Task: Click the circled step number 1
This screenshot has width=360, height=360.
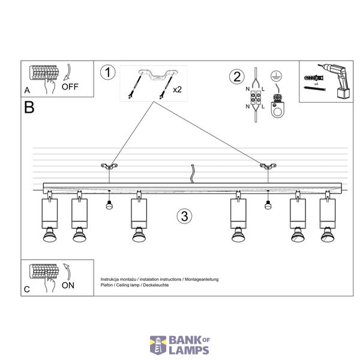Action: coord(107,73)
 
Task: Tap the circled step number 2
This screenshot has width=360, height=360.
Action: coord(237,76)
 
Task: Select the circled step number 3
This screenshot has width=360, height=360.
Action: coord(184,216)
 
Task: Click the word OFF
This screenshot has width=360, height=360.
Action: coord(70,87)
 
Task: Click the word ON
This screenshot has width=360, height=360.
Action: coord(68,286)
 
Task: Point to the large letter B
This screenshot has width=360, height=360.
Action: coord(29,107)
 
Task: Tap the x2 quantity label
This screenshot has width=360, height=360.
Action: coord(177,89)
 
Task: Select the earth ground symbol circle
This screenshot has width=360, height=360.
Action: coord(276,76)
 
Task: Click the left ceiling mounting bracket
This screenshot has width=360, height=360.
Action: coord(109,166)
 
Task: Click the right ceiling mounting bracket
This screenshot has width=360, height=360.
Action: coord(268,166)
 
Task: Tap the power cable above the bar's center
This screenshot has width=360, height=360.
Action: coord(193,174)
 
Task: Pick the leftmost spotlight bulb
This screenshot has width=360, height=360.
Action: coord(50,235)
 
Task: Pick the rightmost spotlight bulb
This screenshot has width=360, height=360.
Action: coord(328,235)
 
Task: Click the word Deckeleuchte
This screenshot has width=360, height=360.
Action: coord(156,285)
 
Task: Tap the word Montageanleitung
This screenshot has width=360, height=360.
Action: coord(202,280)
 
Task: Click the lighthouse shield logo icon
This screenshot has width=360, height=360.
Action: coord(158,345)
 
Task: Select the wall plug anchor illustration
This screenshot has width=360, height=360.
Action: coord(314,78)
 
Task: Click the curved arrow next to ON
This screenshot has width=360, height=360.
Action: coord(67,272)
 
